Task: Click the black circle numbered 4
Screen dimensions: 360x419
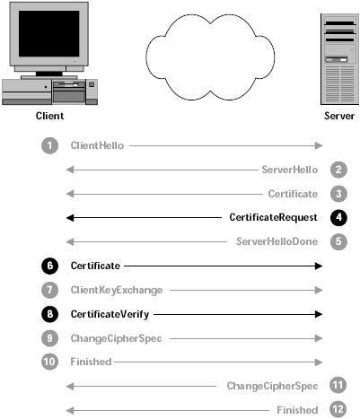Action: tap(338, 217)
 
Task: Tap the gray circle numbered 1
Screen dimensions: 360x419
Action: tap(49, 145)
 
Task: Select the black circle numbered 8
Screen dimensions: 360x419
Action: tap(49, 314)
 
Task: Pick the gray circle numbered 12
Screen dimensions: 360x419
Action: tap(338, 409)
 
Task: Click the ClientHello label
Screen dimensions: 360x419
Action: tap(97, 145)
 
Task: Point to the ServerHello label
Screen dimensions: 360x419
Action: tap(290, 170)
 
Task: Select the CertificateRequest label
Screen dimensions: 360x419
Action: tap(273, 217)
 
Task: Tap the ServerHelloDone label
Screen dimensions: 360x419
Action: tap(277, 241)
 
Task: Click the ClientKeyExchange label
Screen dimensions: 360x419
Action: tap(117, 291)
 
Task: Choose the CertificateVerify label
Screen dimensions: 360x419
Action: tap(110, 314)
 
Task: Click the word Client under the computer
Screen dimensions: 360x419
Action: tap(49, 116)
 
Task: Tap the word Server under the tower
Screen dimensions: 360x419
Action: tap(339, 116)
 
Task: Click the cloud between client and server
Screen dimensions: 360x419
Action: tap(210, 57)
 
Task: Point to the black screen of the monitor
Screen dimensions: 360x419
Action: tap(49, 33)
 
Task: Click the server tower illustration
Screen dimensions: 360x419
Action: tap(339, 59)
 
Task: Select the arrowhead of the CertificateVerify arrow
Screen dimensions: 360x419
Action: tap(319, 314)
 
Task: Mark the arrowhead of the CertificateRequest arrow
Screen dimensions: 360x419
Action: tap(70, 218)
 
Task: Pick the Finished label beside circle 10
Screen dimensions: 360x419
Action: tap(91, 362)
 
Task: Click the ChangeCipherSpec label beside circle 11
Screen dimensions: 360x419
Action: tap(272, 386)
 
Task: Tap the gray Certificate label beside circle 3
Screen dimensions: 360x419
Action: tap(293, 194)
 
